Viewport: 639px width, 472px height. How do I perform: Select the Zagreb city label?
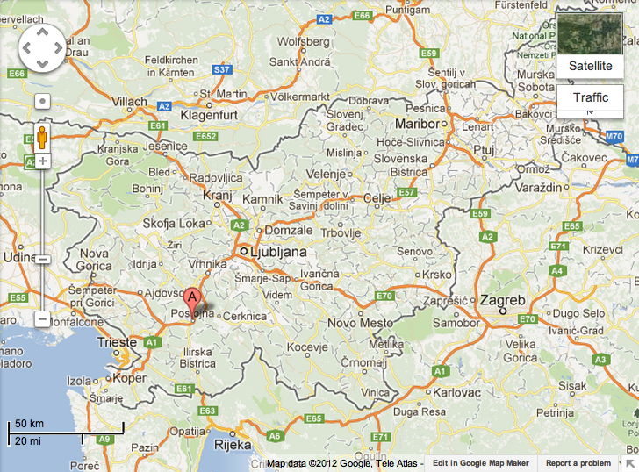pos(502,301)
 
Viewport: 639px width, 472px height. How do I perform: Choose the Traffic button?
pos(590,98)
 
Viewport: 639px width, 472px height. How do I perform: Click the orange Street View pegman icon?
pos(41,136)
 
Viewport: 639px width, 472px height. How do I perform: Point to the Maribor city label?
pos(417,124)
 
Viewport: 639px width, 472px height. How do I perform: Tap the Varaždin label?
pos(536,189)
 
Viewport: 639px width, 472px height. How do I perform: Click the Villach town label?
pos(131,102)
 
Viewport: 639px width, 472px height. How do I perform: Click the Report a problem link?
pos(578,463)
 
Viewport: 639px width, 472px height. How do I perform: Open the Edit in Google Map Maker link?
pos(480,463)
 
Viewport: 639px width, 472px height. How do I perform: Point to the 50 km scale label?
pos(30,425)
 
